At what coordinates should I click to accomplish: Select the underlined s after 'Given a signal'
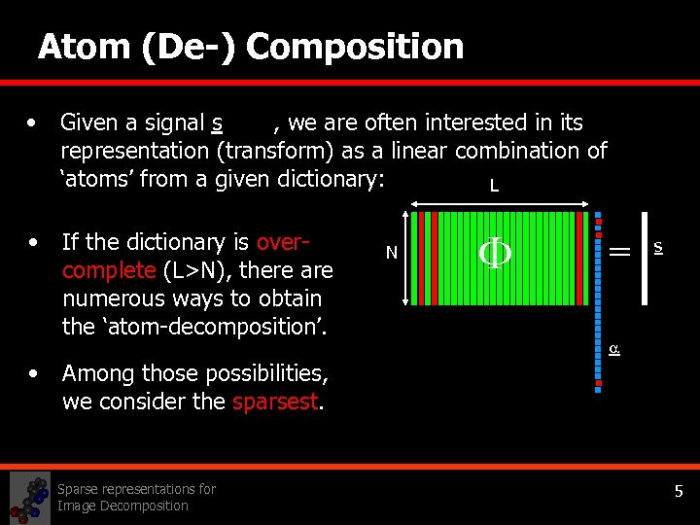217,123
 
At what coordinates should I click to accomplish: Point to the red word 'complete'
108,270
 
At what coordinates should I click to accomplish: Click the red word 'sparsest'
276,402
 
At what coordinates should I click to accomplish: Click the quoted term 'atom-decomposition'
194,327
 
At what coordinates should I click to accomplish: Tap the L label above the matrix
494,186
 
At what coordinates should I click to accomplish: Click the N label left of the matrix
391,254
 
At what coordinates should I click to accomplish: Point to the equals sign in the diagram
619,251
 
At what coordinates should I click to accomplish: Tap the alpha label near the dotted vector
613,348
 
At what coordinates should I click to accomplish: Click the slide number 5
680,493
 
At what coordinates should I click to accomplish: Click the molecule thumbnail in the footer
29,498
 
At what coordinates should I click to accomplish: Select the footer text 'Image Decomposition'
122,506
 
